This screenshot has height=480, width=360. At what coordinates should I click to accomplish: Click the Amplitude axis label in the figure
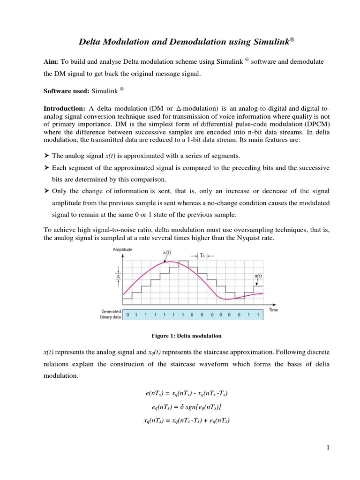pyautogui.click(x=122, y=249)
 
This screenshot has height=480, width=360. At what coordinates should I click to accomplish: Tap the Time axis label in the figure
pyautogui.click(x=274, y=310)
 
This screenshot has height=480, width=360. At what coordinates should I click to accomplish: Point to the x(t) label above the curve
pyautogui.click(x=166, y=253)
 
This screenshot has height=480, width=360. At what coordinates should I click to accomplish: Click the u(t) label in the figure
pyautogui.click(x=258, y=276)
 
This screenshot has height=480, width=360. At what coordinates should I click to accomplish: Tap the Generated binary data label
pyautogui.click(x=111, y=314)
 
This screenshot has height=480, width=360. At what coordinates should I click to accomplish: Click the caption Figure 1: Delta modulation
pyautogui.click(x=186, y=336)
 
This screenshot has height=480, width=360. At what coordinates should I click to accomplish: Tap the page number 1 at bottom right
pyautogui.click(x=329, y=448)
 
